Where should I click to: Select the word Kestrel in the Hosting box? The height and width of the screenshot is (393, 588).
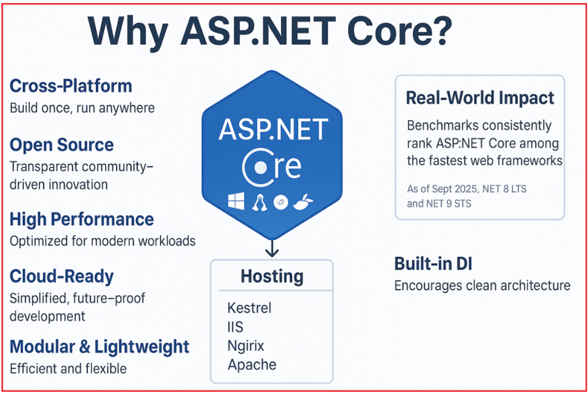point(249,307)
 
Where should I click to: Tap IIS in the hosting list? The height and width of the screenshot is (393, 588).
point(236,326)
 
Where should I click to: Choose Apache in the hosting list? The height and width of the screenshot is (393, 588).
point(252,364)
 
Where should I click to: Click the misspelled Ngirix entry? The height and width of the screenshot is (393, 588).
point(246,346)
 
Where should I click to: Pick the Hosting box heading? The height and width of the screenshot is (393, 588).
point(271,276)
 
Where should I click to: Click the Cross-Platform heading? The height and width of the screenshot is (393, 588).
point(71,86)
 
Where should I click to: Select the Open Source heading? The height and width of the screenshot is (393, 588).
point(62,145)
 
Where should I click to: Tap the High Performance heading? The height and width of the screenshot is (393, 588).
point(81,219)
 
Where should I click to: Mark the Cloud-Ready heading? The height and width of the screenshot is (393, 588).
point(62,276)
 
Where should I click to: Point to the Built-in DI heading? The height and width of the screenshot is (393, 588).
point(433,264)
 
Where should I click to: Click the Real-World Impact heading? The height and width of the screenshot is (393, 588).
point(480,98)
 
